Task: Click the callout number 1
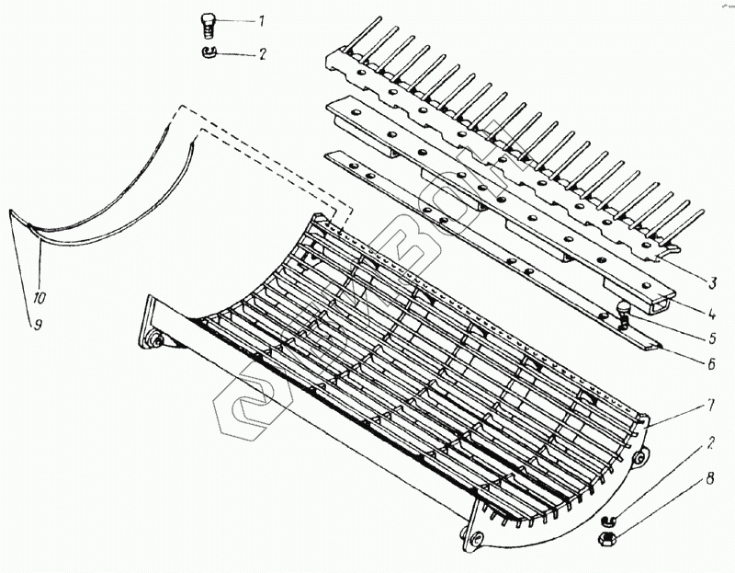coord(261,20)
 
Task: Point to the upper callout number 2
coord(262,54)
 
